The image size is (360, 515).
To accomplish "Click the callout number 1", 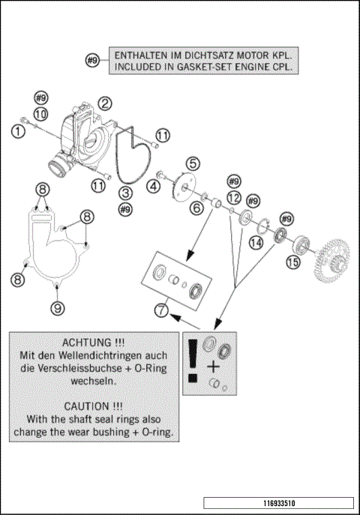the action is [x=18, y=132].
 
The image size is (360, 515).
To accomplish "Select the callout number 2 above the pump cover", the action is [x=105, y=103].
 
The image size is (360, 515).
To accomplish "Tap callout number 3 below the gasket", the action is [x=126, y=193].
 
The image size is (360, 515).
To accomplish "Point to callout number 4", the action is [x=154, y=186].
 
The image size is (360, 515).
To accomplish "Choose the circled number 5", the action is [x=193, y=163].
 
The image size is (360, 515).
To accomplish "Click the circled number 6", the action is [x=196, y=208].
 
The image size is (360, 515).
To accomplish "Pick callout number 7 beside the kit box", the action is [x=161, y=310].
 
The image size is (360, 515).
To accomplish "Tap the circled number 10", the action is [x=40, y=114].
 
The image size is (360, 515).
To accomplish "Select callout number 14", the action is [x=256, y=242].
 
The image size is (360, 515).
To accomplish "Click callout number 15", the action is [x=293, y=262].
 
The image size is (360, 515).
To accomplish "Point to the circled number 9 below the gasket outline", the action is [x=58, y=308].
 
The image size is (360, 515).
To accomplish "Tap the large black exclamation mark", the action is [x=193, y=361].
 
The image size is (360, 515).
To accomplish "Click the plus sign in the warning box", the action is [x=213, y=367].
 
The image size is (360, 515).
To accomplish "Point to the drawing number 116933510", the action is [x=279, y=503].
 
